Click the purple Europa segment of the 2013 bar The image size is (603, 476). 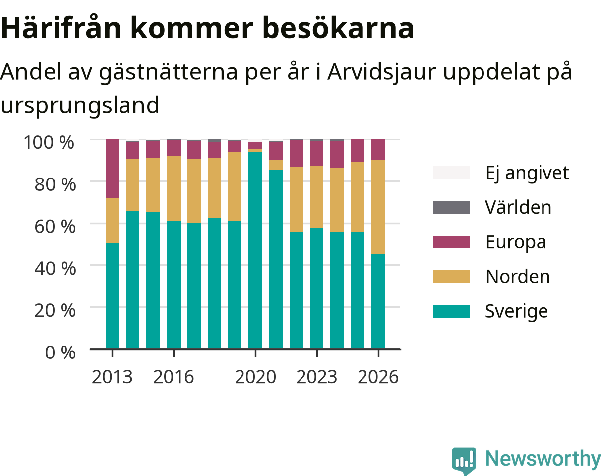112,169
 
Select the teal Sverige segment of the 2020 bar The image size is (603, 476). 255,250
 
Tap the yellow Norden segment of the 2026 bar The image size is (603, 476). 378,207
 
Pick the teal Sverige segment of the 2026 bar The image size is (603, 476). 378,301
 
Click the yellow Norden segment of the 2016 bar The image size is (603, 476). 174,188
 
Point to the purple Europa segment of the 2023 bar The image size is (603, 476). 317,154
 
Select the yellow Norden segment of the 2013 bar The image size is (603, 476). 112,221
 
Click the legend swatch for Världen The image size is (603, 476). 451,207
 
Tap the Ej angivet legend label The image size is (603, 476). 527,173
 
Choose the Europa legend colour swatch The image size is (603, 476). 451,242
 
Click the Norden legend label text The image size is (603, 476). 518,277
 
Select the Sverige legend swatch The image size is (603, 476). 451,311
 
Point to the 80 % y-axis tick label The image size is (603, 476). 55,184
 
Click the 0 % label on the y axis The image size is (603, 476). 60,353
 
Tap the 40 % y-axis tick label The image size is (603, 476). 55,268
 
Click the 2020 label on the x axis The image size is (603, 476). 255,377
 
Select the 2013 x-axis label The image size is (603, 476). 112,377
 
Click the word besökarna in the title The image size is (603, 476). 338,28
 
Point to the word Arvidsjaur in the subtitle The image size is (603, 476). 381,72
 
